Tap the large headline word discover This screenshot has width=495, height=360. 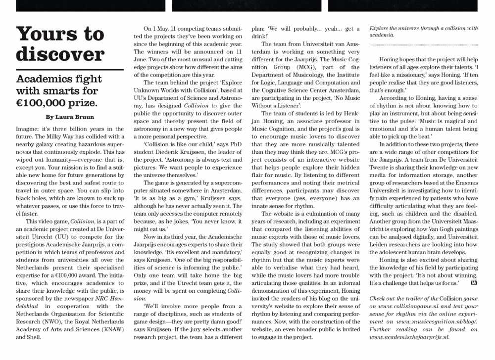tap(60, 54)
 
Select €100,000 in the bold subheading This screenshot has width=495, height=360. tap(42, 103)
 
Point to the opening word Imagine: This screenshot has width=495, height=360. tap(30, 129)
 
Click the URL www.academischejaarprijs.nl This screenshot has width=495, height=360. tap(409, 337)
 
